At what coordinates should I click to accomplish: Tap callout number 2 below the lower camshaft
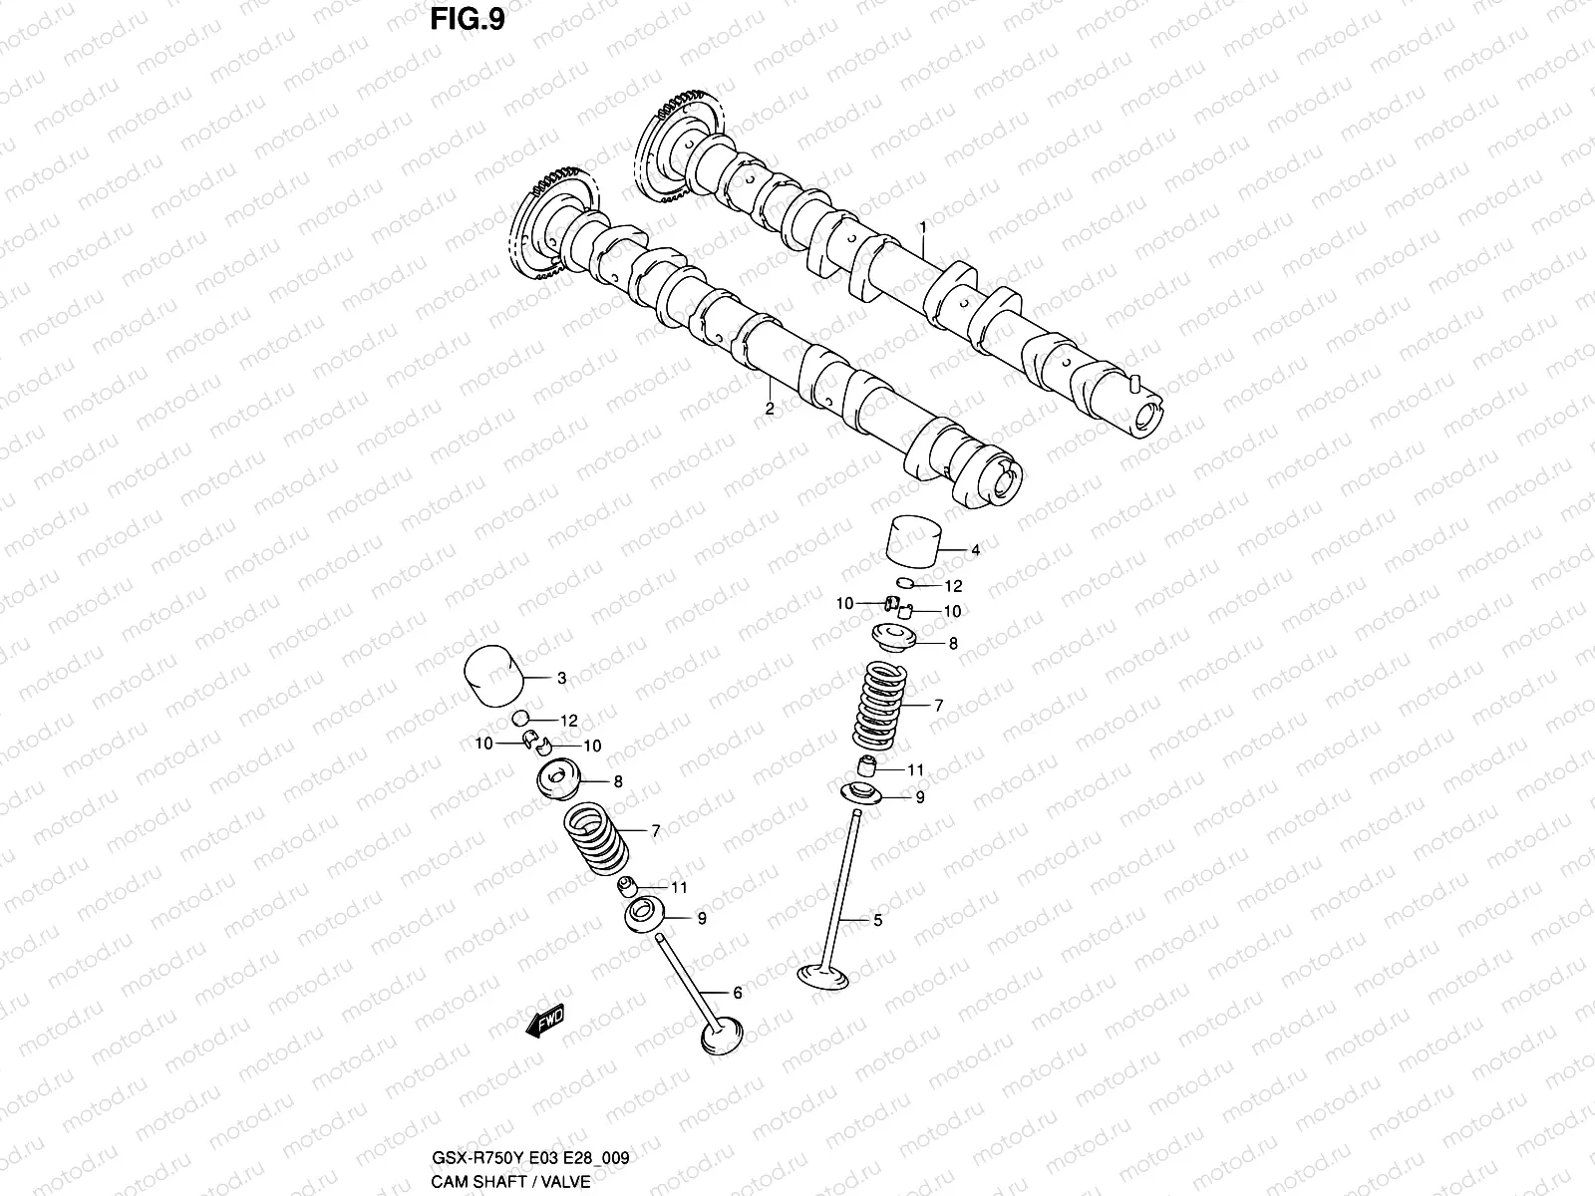[769, 409]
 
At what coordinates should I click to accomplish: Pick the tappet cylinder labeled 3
[494, 678]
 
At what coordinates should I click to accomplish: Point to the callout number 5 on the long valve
[877, 921]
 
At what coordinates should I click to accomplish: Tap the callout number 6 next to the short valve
[737, 993]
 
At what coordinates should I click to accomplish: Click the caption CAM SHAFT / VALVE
[510, 1182]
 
